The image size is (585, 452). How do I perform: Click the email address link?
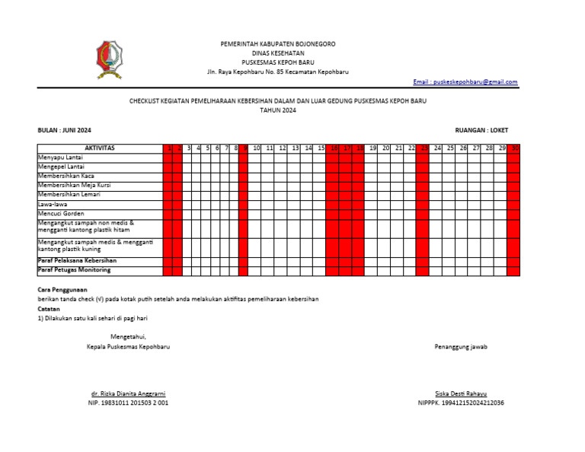[465, 82]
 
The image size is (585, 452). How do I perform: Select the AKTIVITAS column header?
[99, 148]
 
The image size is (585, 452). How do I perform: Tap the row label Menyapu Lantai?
[61, 157]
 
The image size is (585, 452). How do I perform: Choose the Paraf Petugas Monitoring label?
[75, 270]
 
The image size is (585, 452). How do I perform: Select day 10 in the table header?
[257, 148]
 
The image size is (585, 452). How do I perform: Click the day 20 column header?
[385, 148]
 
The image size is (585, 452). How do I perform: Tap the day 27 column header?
[476, 148]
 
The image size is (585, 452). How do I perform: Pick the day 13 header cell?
[295, 148]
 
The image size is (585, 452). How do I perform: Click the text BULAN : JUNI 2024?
[65, 130]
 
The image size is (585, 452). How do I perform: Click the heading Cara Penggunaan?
[62, 290]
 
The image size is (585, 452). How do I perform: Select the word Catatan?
[50, 308]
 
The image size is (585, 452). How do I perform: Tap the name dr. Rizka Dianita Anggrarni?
[128, 393]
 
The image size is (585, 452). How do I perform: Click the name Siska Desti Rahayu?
[460, 393]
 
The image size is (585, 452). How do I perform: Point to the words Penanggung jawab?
[461, 347]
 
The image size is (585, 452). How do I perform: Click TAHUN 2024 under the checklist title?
[277, 110]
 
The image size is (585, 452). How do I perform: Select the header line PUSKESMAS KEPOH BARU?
[277, 62]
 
